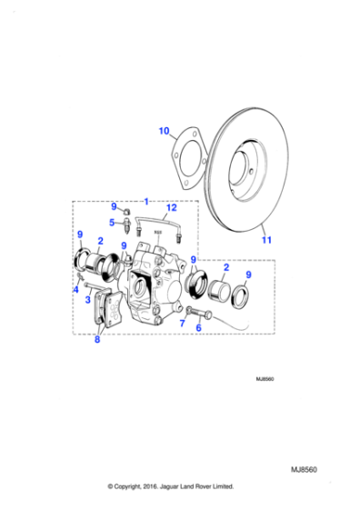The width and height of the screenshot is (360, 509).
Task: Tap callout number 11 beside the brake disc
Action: click(265, 240)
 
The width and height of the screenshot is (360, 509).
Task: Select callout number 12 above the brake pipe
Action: click(170, 207)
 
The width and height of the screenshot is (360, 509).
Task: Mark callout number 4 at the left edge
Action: click(76, 290)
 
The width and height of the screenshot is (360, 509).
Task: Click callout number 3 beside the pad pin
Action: click(87, 299)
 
